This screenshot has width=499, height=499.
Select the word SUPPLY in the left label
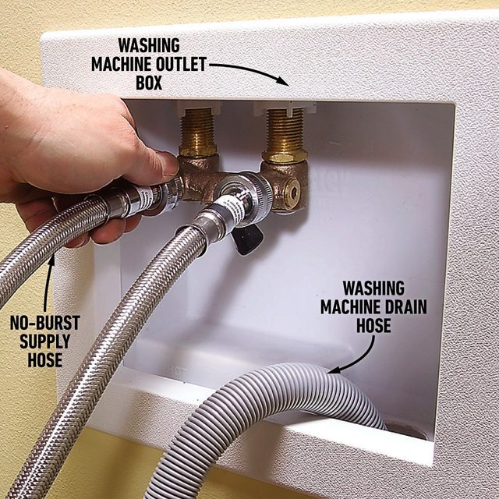(46, 342)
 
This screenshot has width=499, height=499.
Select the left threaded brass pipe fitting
(198, 133)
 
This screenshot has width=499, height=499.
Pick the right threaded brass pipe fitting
(284, 134)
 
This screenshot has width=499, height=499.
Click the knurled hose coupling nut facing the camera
(234, 189)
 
